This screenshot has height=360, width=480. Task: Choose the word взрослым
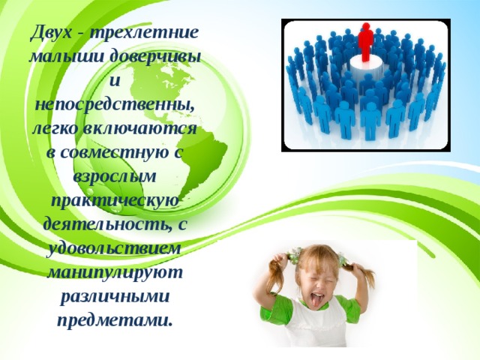tap(114, 177)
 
